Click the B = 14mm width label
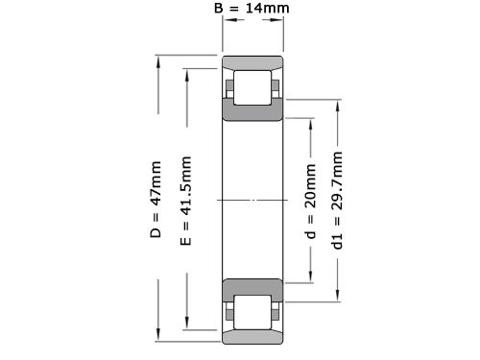coord(251,10)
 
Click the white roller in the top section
coord(252,87)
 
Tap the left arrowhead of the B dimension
coord(228,28)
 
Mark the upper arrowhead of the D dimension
coord(156,62)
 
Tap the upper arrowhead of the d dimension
coord(310,122)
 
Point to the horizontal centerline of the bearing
coord(252,200)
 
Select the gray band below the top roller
coord(252,112)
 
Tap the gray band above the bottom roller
coord(252,286)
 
